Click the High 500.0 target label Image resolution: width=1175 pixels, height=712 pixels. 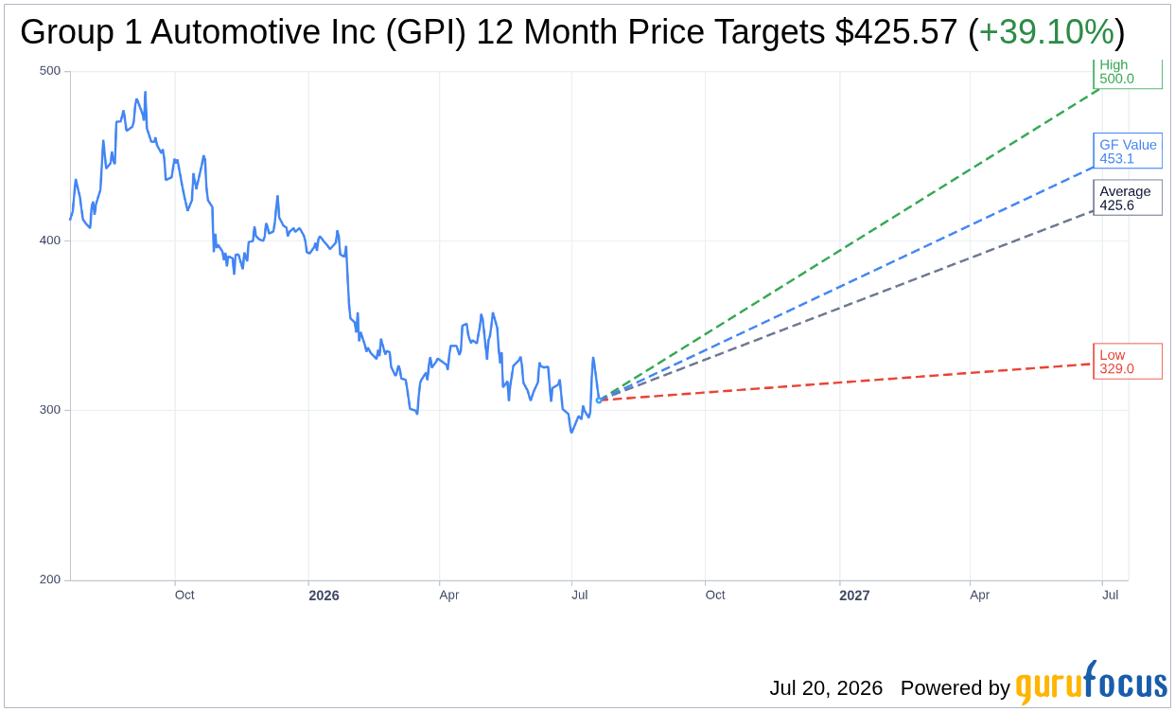[1128, 74]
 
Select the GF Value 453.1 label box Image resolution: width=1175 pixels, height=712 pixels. [1128, 151]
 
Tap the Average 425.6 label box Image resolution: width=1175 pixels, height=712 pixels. [1128, 198]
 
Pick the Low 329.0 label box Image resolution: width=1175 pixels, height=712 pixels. [1128, 361]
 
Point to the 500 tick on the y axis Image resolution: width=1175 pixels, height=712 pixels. [50, 71]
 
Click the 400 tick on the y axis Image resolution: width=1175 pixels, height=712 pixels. [50, 240]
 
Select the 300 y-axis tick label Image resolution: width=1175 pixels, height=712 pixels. [50, 410]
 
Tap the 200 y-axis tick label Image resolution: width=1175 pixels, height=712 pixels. [50, 579]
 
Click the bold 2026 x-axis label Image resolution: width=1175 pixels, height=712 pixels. [324, 595]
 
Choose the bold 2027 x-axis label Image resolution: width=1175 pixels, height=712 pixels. [854, 595]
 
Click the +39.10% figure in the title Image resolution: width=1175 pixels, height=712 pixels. [1046, 32]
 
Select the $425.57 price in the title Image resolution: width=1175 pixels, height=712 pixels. [896, 32]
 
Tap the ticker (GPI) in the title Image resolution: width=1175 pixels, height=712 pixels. [426, 32]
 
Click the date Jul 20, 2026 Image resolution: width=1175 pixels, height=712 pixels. [826, 687]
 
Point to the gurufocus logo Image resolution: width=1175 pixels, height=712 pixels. [1091, 682]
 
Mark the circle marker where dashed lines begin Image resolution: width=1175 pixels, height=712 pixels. [599, 400]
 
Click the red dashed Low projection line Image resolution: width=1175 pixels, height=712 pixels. [846, 383]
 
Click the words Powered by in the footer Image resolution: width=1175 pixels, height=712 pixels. [955, 687]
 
